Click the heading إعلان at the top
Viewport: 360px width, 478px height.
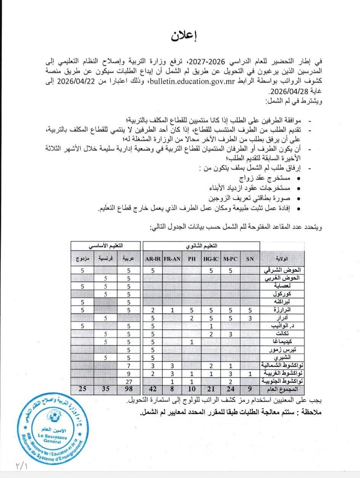181,37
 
